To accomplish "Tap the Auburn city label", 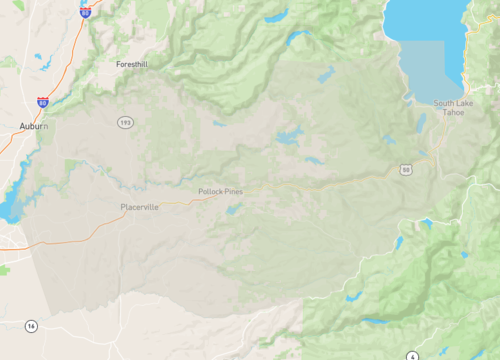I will (x=33, y=126).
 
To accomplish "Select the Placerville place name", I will (x=139, y=207).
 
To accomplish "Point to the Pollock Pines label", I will (x=220, y=191).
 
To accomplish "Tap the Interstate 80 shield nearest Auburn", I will (x=42, y=102).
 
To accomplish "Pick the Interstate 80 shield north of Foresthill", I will (x=85, y=10).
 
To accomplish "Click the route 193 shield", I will (x=125, y=121).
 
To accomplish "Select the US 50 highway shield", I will (x=405, y=170).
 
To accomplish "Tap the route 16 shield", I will (x=32, y=326).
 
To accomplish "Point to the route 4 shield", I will (x=413, y=356).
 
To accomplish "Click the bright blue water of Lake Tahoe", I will (x=425, y=20).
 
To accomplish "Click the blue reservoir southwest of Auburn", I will (x=9, y=205).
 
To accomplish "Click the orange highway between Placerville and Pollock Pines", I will (x=185, y=199).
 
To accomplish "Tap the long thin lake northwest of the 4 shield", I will (x=376, y=321).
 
